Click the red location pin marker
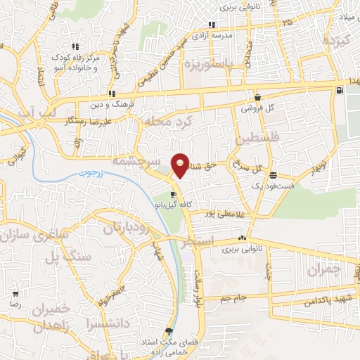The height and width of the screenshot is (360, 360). pos(181,165)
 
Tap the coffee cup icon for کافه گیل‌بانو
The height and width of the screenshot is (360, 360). pos(173,194)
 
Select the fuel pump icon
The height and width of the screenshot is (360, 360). pos(341,89)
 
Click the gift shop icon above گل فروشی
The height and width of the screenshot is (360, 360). pos(257,97)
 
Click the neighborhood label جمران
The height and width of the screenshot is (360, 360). pos(323,269)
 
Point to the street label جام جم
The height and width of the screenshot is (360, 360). pos(234,299)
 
